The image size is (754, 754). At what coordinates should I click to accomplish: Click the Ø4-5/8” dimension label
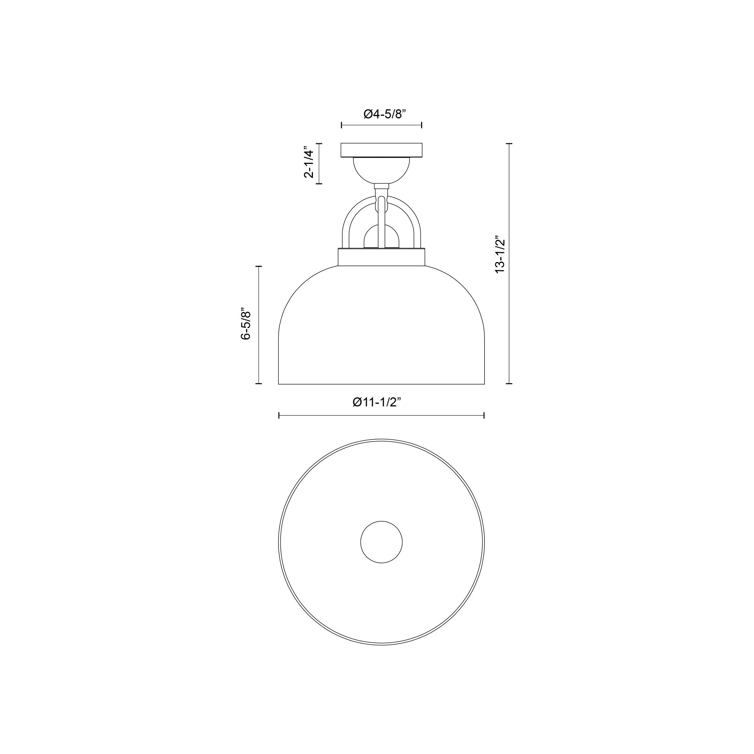[x=385, y=114]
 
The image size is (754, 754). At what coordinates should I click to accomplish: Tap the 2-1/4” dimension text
[x=309, y=163]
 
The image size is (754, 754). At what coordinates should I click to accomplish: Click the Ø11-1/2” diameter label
[x=377, y=402]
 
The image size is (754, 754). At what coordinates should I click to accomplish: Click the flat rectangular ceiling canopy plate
[x=381, y=150]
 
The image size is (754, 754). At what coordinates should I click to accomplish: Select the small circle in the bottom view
[x=381, y=542]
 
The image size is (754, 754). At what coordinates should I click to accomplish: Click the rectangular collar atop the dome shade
[x=381, y=257]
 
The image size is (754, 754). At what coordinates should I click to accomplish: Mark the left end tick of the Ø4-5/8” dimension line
[x=342, y=125]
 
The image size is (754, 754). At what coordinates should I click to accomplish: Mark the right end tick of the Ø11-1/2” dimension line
[x=484, y=415]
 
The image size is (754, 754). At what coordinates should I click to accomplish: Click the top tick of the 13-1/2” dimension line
[x=509, y=144]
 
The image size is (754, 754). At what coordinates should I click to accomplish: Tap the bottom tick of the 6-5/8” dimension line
[x=258, y=384]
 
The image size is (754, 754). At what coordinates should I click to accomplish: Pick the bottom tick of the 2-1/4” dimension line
[x=319, y=184]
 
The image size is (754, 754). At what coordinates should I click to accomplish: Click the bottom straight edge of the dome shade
[x=381, y=385]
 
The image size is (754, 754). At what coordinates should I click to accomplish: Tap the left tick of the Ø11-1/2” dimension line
[x=279, y=415]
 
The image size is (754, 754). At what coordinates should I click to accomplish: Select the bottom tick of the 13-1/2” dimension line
[x=509, y=384]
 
